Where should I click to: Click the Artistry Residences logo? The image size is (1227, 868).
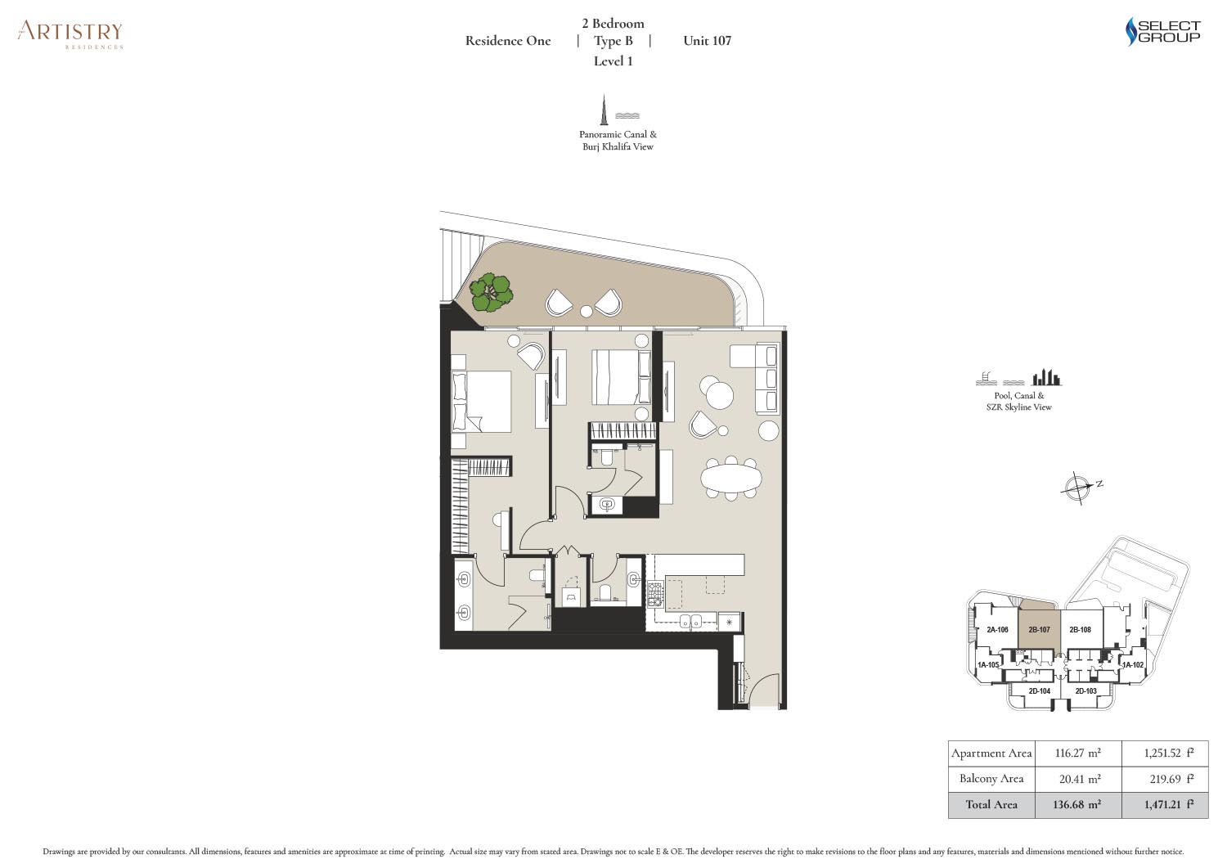(70, 35)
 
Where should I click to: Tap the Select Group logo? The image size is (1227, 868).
(1162, 32)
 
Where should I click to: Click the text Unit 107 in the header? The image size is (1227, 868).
(707, 41)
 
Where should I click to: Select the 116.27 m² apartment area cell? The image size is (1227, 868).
(1077, 753)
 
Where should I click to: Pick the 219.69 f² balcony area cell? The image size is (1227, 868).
(1165, 778)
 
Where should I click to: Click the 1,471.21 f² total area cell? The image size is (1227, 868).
(1165, 804)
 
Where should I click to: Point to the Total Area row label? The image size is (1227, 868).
(991, 804)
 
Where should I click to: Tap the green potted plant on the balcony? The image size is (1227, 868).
(492, 293)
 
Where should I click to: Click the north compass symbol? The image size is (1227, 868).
(1078, 487)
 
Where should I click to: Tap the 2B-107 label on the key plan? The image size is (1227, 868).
(1039, 630)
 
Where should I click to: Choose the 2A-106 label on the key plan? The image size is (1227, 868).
(997, 630)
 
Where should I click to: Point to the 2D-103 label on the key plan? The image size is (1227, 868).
(1085, 691)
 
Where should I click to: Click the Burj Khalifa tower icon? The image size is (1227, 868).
(605, 110)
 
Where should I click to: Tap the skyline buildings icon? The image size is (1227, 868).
(1046, 377)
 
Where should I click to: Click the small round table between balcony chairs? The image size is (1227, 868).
(587, 311)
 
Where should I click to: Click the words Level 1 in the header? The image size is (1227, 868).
(613, 61)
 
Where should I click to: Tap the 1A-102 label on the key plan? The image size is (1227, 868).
(1133, 665)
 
